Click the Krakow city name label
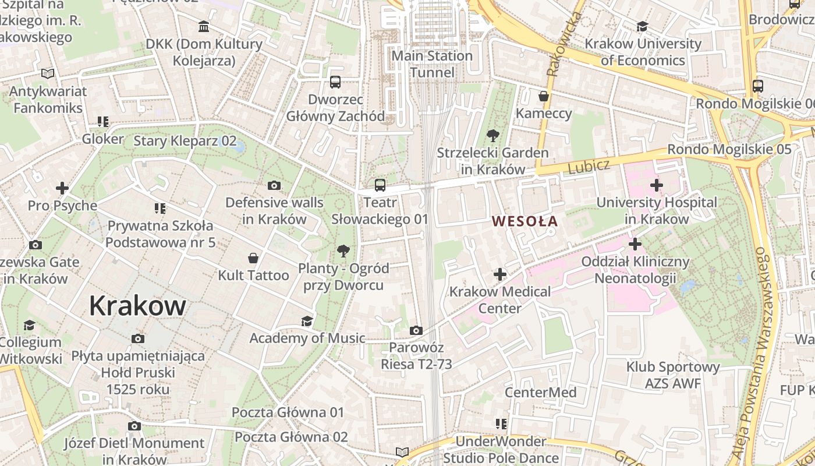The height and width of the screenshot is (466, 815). point(137,306)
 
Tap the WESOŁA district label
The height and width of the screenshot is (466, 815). point(525,221)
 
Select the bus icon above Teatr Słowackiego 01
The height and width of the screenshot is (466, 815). point(380,185)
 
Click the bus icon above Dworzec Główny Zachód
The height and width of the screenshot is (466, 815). point(335,82)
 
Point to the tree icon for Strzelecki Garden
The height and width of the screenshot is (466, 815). point(493,136)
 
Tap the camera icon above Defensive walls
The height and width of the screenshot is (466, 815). point(274,186)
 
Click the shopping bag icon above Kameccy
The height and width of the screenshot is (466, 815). point(544,96)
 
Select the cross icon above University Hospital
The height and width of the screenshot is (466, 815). point(657,186)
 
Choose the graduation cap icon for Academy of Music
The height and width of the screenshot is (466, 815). point(307,321)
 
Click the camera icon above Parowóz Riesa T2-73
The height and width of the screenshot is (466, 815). point(416,331)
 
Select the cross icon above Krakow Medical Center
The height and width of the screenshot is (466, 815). point(499,274)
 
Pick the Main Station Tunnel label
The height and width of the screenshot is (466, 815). point(432,64)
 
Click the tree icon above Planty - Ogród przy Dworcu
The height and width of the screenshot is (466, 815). point(343,251)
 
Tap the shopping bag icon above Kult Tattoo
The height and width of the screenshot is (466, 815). point(253,258)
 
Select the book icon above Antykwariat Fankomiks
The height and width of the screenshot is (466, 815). point(48,74)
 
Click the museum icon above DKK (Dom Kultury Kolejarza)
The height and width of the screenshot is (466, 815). point(204,27)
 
